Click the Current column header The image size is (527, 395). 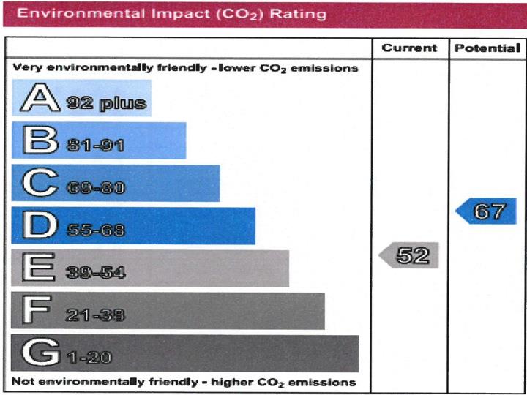point(409,48)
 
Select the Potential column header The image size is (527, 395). point(487,48)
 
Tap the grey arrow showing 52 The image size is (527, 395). point(409,255)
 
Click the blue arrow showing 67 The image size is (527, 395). point(486,212)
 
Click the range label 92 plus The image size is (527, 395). point(106,103)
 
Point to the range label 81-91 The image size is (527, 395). point(94,146)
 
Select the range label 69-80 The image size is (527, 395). point(94,188)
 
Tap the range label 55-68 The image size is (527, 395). point(95,230)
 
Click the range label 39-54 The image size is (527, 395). point(95,273)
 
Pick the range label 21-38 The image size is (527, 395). point(94,315)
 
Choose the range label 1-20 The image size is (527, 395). point(89,358)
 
